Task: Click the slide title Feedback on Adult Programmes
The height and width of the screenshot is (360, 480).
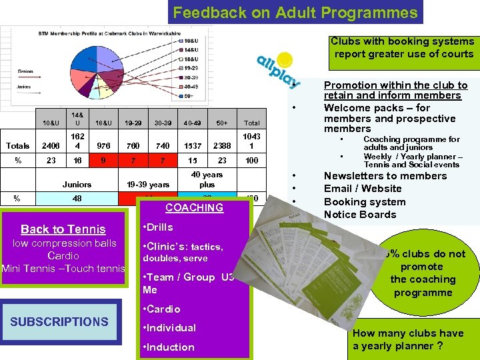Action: [x=295, y=12]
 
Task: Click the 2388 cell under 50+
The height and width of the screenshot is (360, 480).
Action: [x=222, y=146]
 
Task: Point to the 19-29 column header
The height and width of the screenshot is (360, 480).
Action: [x=133, y=123]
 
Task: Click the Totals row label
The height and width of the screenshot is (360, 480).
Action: [x=18, y=146]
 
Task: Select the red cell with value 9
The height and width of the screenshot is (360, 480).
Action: [x=103, y=161]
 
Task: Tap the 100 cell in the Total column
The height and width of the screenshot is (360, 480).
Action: [x=252, y=161]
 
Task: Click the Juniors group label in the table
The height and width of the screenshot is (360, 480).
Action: [x=77, y=185]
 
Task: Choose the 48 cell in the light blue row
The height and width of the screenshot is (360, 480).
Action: [x=77, y=199]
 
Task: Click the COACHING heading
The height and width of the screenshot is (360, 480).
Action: [x=194, y=208]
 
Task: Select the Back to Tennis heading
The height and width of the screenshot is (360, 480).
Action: [x=63, y=229]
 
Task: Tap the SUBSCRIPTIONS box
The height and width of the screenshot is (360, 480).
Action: [x=59, y=321]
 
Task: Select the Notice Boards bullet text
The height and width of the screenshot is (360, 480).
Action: [x=360, y=215]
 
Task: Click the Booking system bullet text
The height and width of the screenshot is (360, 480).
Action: [x=365, y=202]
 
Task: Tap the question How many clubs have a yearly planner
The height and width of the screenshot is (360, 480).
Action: [x=408, y=339]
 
